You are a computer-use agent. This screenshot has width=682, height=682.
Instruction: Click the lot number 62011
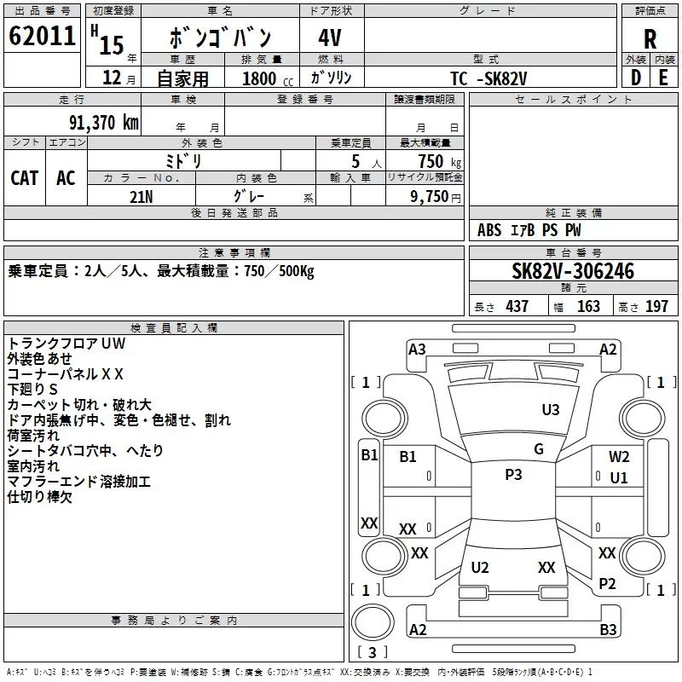click(42, 36)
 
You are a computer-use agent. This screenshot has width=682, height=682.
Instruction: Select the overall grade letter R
click(650, 39)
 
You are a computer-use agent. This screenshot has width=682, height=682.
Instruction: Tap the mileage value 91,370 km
click(104, 123)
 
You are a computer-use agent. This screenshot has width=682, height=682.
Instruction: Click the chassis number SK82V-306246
click(573, 271)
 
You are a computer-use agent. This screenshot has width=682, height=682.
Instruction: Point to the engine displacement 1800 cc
click(268, 78)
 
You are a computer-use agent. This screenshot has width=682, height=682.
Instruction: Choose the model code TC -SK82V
click(488, 78)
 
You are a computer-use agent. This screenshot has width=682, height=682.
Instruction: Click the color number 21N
click(141, 197)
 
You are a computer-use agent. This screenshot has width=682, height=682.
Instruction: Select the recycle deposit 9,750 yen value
click(436, 197)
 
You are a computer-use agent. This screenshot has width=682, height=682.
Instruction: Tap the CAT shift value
click(25, 178)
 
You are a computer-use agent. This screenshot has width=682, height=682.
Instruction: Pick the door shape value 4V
click(330, 38)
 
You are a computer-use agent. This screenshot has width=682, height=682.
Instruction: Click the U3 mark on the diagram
click(550, 410)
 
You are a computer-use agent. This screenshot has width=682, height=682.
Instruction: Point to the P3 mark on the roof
click(513, 475)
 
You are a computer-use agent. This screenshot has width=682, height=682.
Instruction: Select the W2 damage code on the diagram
click(619, 456)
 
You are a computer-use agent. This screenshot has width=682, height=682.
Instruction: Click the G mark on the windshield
click(539, 449)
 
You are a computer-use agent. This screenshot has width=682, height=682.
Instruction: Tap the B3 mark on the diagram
click(608, 629)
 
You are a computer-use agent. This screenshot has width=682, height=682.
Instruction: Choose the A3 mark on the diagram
click(417, 350)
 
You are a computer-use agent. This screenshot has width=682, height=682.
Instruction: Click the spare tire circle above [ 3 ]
click(373, 622)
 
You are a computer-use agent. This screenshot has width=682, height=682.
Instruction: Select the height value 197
click(656, 306)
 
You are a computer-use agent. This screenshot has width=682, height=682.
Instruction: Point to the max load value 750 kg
click(440, 161)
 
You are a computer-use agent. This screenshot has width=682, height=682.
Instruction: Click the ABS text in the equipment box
click(489, 230)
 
